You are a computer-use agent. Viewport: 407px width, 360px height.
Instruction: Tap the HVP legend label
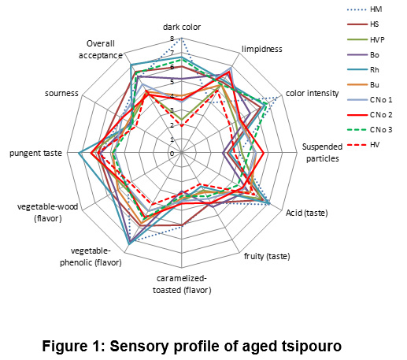click(x=377, y=39)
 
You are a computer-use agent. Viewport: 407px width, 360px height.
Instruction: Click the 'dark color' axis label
click(x=182, y=27)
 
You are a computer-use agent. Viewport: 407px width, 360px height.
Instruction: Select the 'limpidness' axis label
click(x=262, y=49)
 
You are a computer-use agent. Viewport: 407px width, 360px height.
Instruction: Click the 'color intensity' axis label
click(x=312, y=93)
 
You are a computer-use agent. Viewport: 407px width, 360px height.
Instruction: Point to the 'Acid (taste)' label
click(x=307, y=213)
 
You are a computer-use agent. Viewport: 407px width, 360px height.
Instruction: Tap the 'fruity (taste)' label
click(x=267, y=256)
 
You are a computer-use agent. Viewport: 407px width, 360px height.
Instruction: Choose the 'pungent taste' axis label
click(x=36, y=153)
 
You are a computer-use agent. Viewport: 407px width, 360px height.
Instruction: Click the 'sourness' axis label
click(x=61, y=94)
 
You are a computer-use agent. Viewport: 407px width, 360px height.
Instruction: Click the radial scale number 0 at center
click(x=172, y=154)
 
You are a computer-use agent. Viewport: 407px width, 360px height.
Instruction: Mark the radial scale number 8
click(x=172, y=39)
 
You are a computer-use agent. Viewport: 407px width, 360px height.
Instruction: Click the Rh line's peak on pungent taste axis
click(x=79, y=153)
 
